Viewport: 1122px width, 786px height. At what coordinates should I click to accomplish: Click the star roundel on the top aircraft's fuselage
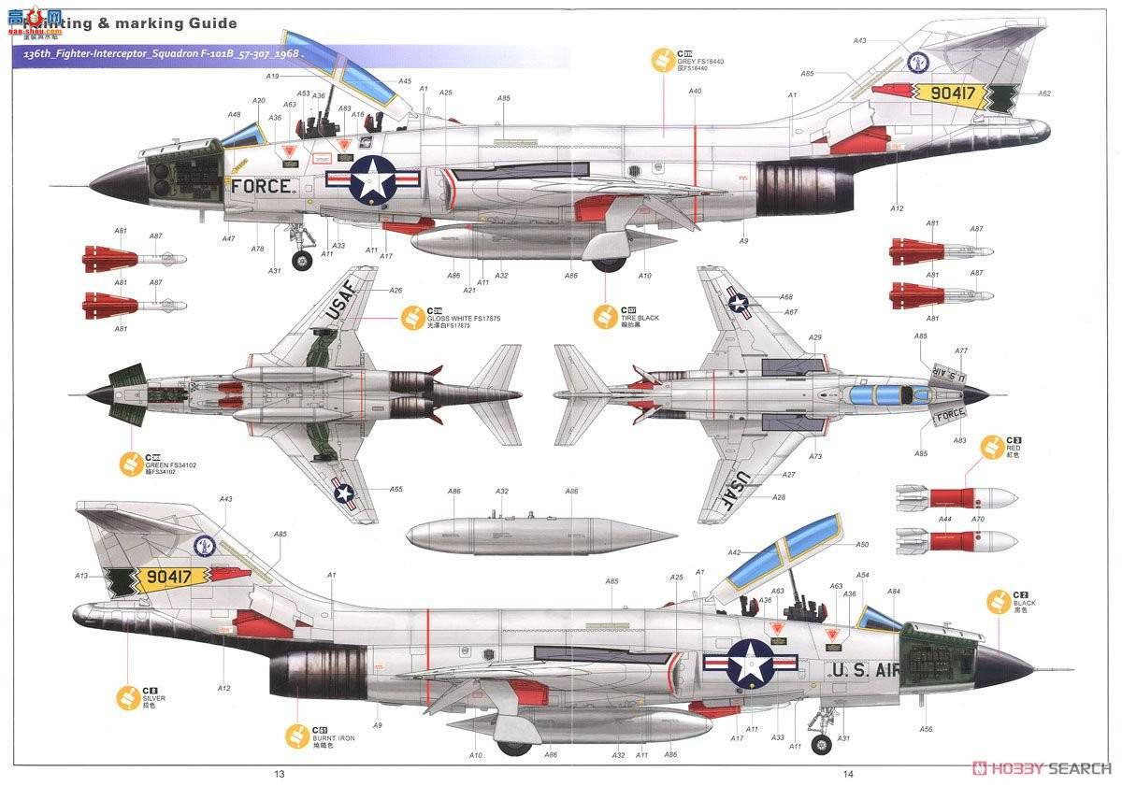373,178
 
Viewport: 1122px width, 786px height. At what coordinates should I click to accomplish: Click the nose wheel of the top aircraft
301,261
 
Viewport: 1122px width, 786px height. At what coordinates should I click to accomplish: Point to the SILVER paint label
154,697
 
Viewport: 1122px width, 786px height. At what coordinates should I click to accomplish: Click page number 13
279,773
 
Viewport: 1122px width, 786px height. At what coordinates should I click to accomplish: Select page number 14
848,773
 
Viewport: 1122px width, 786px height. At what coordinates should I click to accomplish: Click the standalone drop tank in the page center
540,536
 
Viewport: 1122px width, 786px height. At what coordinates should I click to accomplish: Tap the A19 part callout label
272,76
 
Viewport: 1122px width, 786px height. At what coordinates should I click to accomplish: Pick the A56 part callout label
926,729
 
